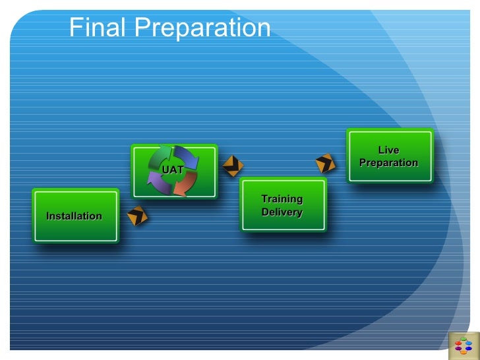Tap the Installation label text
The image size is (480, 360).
(x=74, y=216)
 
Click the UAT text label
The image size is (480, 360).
(x=173, y=170)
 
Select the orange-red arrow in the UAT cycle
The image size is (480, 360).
(x=187, y=183)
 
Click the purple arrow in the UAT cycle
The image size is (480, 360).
(x=159, y=183)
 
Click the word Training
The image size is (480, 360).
(x=282, y=199)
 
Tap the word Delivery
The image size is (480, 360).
(x=282, y=212)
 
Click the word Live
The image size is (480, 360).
(x=388, y=150)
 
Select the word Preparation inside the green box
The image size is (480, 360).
(x=388, y=163)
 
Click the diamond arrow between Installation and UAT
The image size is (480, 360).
(x=137, y=215)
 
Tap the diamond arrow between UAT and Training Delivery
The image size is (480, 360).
(x=232, y=166)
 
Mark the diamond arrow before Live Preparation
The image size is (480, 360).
(x=325, y=163)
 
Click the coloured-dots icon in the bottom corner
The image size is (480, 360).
(x=464, y=345)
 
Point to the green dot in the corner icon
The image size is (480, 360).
(x=464, y=339)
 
